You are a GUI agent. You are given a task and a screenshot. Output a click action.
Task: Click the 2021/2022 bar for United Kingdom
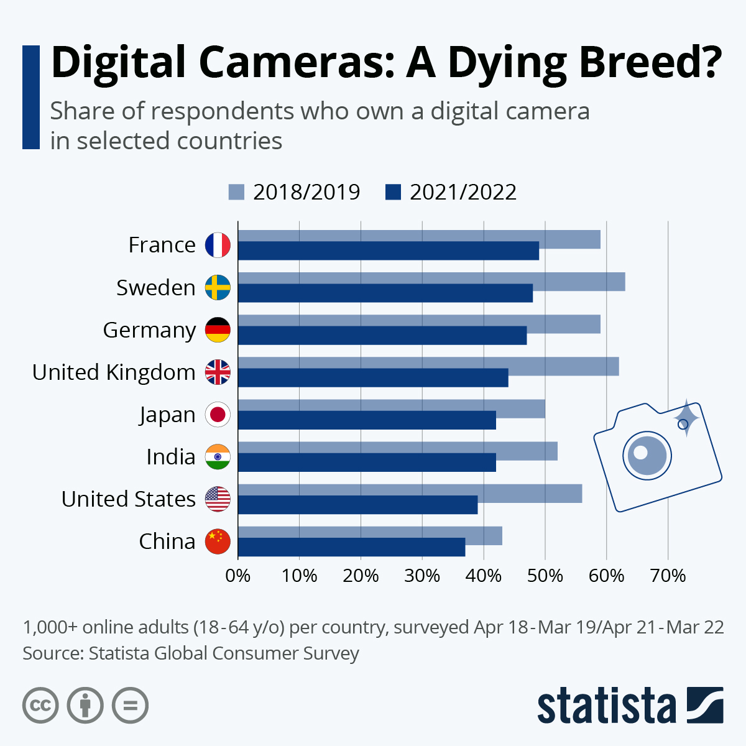click(373, 377)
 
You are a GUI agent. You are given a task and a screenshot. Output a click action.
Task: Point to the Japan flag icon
click(218, 415)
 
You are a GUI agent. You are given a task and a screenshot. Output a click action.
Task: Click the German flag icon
click(218, 330)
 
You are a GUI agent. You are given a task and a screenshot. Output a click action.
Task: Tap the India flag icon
click(218, 457)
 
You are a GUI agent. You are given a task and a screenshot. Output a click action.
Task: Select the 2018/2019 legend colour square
click(237, 192)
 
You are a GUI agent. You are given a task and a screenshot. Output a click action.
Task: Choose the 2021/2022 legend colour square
click(393, 192)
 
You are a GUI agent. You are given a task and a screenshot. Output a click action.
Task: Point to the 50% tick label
click(545, 576)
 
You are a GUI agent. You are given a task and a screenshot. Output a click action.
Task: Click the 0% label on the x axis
click(238, 576)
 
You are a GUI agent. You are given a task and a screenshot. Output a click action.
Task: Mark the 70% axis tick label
click(668, 576)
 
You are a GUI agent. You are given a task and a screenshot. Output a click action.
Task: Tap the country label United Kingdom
click(114, 372)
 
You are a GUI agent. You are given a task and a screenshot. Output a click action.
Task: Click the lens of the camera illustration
click(647, 455)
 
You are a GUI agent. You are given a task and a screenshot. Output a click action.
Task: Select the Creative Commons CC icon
click(40, 706)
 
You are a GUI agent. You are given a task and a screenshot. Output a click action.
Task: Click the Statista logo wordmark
click(606, 706)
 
